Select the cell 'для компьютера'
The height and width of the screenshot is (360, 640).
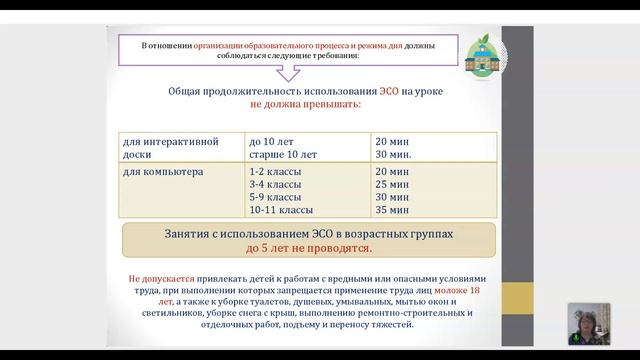[162, 172]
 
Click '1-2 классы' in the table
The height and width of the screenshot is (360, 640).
[275, 172]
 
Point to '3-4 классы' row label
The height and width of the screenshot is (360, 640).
[275, 185]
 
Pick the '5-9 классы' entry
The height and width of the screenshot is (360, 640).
[275, 198]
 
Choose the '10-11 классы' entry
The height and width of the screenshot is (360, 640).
[281, 211]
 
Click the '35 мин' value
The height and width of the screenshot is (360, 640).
[392, 211]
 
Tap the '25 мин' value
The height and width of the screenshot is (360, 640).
[392, 185]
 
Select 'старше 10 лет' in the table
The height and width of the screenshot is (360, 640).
[283, 155]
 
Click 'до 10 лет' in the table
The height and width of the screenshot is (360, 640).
[273, 141]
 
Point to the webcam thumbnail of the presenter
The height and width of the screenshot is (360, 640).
[589, 323]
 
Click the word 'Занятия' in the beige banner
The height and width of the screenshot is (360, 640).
[191, 233]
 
